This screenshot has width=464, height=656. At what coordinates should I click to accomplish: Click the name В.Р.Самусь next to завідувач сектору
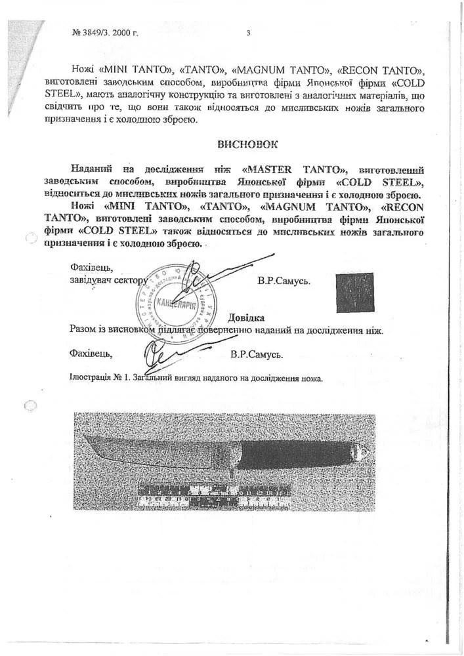284,280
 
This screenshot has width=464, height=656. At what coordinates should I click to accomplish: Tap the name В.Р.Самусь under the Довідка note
257,355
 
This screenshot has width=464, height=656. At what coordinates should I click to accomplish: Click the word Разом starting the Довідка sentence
84,330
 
